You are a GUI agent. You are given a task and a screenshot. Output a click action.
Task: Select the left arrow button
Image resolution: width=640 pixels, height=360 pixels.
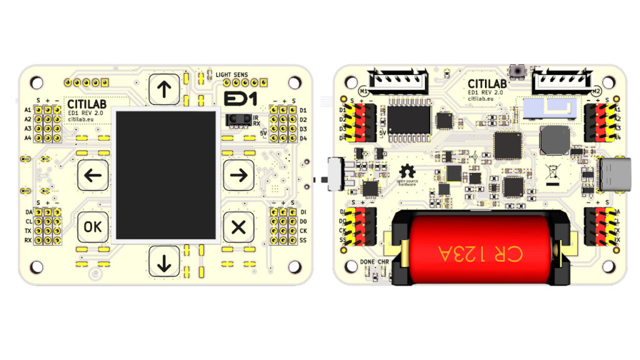pos(93,176)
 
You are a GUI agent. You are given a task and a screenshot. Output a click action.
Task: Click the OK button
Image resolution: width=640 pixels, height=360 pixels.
pos(93,227)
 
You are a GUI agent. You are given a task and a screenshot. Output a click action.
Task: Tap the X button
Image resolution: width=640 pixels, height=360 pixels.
pos(238,227)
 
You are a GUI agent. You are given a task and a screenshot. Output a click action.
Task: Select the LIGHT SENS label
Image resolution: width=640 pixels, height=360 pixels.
pos(232,75)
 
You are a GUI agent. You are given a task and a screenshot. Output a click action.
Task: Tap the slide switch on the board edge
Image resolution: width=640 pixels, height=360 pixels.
pos(334,174)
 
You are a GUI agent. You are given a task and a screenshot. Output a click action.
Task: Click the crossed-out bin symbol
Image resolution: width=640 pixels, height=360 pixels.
pos(552,171)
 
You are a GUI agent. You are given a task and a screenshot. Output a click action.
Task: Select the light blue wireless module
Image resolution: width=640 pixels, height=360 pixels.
pos(549,108)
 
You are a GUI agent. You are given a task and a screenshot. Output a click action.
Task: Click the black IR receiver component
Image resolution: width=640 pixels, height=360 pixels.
pos(237,119)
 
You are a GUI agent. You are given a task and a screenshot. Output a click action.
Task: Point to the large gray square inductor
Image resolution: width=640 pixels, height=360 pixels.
pos(554,140)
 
